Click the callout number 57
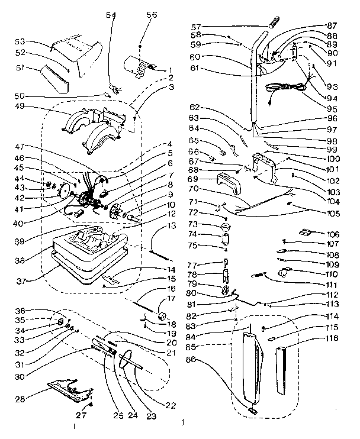point(196,27)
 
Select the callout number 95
point(332,109)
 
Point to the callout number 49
point(20,106)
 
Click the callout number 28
point(20,399)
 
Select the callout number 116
point(332,338)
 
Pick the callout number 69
point(193,179)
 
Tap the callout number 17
point(171,298)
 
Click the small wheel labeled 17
point(162,317)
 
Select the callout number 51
point(20,68)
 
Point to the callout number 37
point(21,281)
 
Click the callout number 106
point(333,234)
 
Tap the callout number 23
point(152,417)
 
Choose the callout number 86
point(191,359)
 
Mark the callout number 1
point(171,70)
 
